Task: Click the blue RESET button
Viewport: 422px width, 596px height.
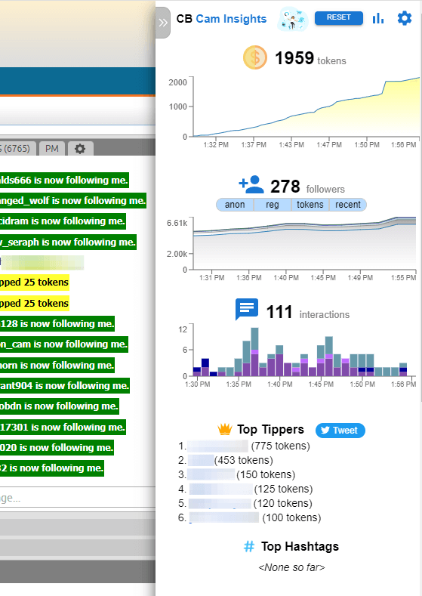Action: pos(338,18)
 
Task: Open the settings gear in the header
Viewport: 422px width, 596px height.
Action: pos(405,18)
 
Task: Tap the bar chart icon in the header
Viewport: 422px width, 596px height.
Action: pos(379,18)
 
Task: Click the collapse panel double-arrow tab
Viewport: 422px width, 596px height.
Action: pos(163,23)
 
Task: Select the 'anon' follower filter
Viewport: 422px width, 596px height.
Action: pos(235,205)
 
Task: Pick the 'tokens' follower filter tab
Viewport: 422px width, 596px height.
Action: pos(310,205)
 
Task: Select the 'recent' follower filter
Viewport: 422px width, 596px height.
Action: pos(347,205)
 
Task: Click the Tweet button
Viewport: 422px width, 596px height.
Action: pos(340,430)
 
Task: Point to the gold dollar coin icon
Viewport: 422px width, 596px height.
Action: pos(255,58)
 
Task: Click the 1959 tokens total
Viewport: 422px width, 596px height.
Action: pos(294,59)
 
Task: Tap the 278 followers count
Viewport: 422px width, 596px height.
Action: pos(285,187)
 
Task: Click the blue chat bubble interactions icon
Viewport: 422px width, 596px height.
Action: pos(247,310)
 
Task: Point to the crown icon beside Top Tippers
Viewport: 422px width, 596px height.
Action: pos(224,429)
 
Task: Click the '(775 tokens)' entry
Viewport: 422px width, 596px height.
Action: pos(279,446)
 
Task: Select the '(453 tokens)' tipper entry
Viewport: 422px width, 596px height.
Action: pos(243,460)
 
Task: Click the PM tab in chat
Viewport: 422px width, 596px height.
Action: pos(51,149)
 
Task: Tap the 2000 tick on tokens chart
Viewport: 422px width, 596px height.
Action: pos(178,82)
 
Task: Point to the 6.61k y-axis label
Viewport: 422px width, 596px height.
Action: pos(176,224)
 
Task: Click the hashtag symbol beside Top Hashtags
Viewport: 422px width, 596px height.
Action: pos(248,546)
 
